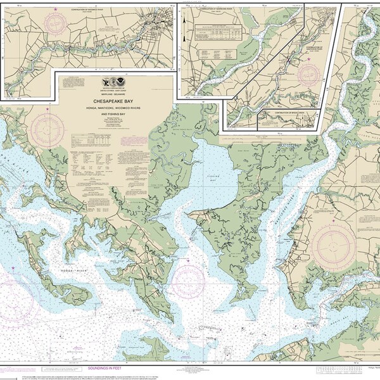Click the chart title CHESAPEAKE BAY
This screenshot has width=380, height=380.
click(115, 99)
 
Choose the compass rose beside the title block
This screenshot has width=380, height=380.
click(48, 130)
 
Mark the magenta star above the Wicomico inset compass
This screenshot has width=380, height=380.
click(55, 9)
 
